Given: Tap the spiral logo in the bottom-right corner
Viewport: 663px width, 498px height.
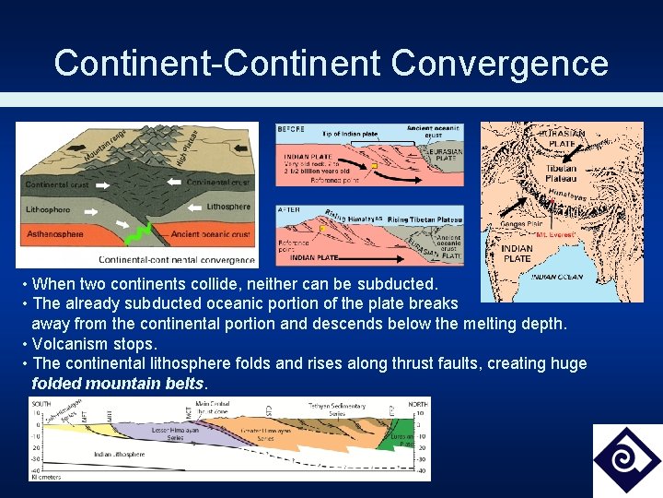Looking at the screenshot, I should click(626, 459).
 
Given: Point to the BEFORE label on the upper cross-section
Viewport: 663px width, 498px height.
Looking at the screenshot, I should click(290, 129).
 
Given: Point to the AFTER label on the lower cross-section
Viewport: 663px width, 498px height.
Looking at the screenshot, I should click(288, 210).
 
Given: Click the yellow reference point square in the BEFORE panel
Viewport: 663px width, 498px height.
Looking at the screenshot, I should click(374, 167).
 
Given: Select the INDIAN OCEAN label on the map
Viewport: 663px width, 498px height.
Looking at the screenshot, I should click(556, 277).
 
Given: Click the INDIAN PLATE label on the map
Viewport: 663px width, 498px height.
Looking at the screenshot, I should click(517, 254).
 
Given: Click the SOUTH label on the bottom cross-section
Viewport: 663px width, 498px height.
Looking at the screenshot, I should click(41, 404).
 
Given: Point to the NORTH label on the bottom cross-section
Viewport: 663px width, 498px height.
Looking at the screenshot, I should click(417, 404).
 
